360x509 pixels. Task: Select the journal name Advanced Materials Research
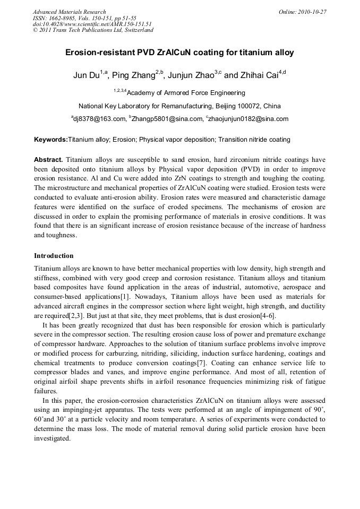pyautogui.click(x=69, y=12)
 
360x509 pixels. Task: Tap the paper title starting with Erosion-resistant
pyautogui.click(x=179, y=53)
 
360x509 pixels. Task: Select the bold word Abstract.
pyautogui.click(x=48, y=160)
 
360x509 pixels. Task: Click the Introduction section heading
pyautogui.click(x=54, y=256)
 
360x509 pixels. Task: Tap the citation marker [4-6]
pyautogui.click(x=266, y=316)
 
